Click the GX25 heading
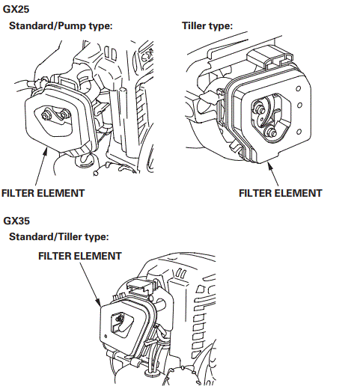19,10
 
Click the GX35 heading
19,221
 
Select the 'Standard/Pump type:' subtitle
60,26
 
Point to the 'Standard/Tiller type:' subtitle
59,237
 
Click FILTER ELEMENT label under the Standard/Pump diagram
43,192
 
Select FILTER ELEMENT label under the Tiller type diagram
280,192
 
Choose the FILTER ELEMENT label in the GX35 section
79,256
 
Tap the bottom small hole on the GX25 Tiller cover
299,132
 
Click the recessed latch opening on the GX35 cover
118,323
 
